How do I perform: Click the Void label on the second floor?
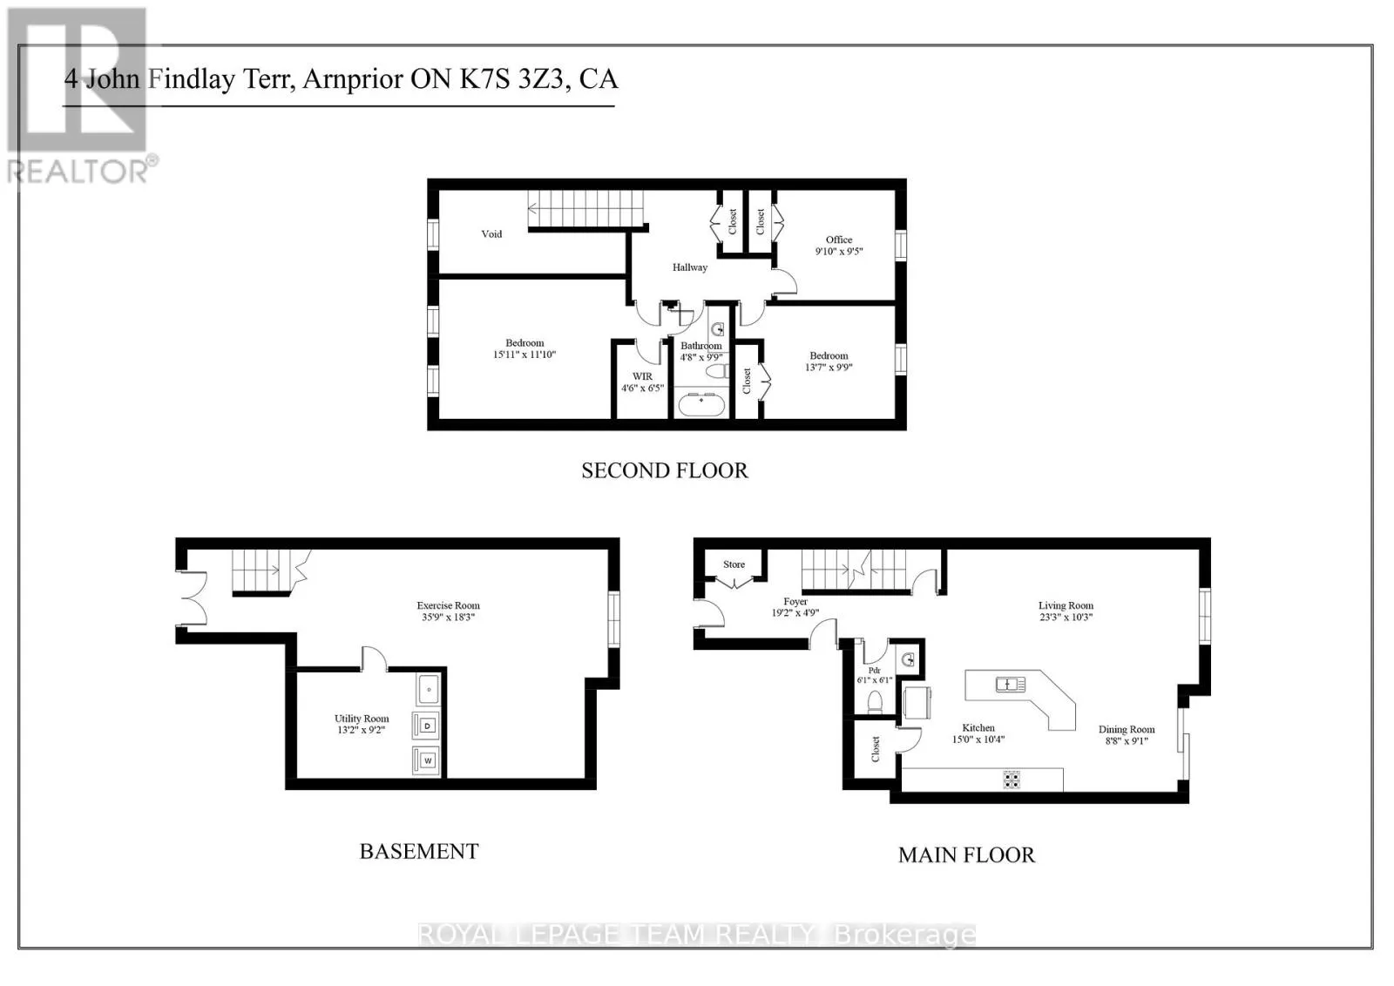(x=491, y=234)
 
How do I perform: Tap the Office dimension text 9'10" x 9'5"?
(x=839, y=252)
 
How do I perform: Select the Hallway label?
(x=689, y=267)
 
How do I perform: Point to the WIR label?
(x=642, y=376)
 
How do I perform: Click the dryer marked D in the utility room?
(x=427, y=726)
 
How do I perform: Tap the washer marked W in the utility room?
(x=427, y=760)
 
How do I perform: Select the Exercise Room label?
(x=448, y=605)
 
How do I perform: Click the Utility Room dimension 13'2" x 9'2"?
(x=361, y=730)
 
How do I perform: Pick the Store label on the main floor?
(x=734, y=564)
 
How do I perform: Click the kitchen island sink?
(x=1010, y=685)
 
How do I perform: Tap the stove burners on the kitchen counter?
(x=1012, y=780)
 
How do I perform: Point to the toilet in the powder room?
(x=875, y=702)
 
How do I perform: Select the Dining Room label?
(x=1127, y=729)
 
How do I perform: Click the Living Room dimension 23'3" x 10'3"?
(x=1066, y=617)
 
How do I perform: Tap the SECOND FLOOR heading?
(x=665, y=470)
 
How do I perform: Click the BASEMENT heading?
(x=419, y=851)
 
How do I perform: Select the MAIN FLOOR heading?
(x=966, y=854)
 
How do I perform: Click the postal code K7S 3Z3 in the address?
(x=511, y=79)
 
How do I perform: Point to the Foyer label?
(x=795, y=602)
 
